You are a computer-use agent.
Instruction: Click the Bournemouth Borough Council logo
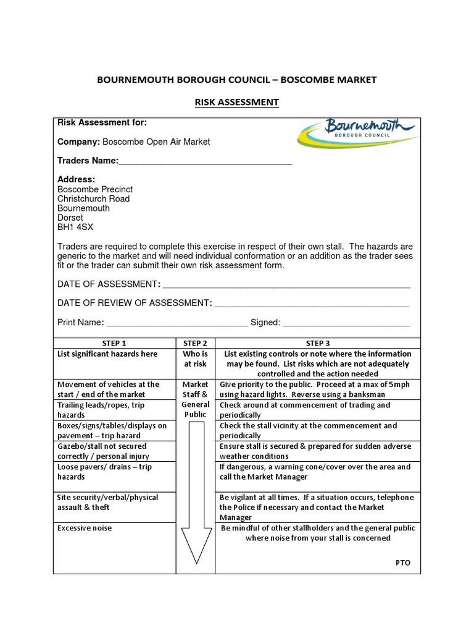[x=357, y=132]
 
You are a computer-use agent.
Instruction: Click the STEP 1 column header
[x=114, y=343]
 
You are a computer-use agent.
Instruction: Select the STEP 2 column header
[x=195, y=343]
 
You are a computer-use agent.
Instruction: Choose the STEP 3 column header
[x=317, y=343]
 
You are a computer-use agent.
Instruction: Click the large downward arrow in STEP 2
[x=195, y=495]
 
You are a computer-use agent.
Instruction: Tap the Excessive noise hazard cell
[x=85, y=529]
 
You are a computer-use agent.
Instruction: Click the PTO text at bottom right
[x=402, y=563]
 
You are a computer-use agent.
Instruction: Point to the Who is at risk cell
[x=195, y=359]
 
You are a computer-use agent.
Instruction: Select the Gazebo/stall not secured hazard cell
[x=102, y=451]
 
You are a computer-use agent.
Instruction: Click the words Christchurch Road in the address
[x=93, y=199]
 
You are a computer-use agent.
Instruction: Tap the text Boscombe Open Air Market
[x=156, y=142]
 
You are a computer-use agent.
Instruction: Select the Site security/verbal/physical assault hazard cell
[x=107, y=502]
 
